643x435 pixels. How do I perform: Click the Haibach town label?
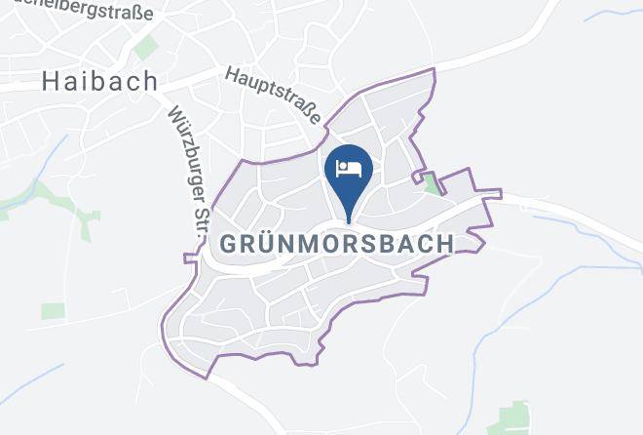click(x=100, y=81)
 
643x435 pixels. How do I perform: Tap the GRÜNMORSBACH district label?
click(x=336, y=243)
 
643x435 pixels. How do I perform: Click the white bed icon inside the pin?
click(x=349, y=168)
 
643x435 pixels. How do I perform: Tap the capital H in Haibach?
click(x=52, y=81)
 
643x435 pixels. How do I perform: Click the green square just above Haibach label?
click(x=146, y=47)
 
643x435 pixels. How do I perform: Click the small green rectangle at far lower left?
click(x=53, y=310)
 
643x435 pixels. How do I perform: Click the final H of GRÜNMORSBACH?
click(x=444, y=243)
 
